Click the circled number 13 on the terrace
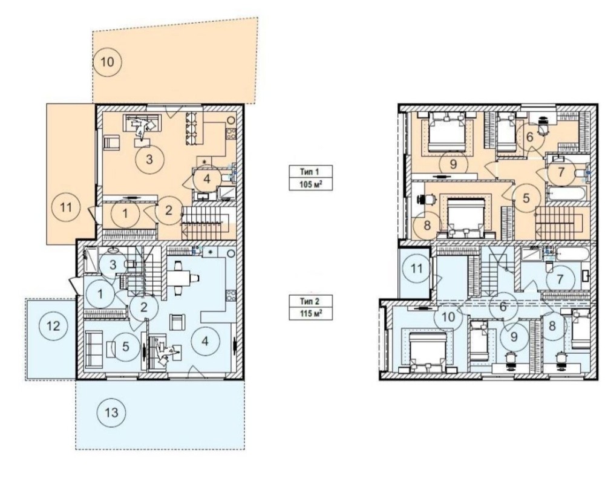111,413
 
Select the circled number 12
53,326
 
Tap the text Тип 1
310,171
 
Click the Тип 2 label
310,301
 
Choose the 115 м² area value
310,313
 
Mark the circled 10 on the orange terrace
107,62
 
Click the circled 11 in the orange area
67,207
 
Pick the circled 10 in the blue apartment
448,317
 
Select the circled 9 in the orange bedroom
453,164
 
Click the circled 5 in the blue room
126,347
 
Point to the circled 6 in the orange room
530,137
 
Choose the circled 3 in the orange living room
149,159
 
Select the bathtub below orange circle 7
566,193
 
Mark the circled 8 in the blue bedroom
552,326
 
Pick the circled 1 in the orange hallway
125,213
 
